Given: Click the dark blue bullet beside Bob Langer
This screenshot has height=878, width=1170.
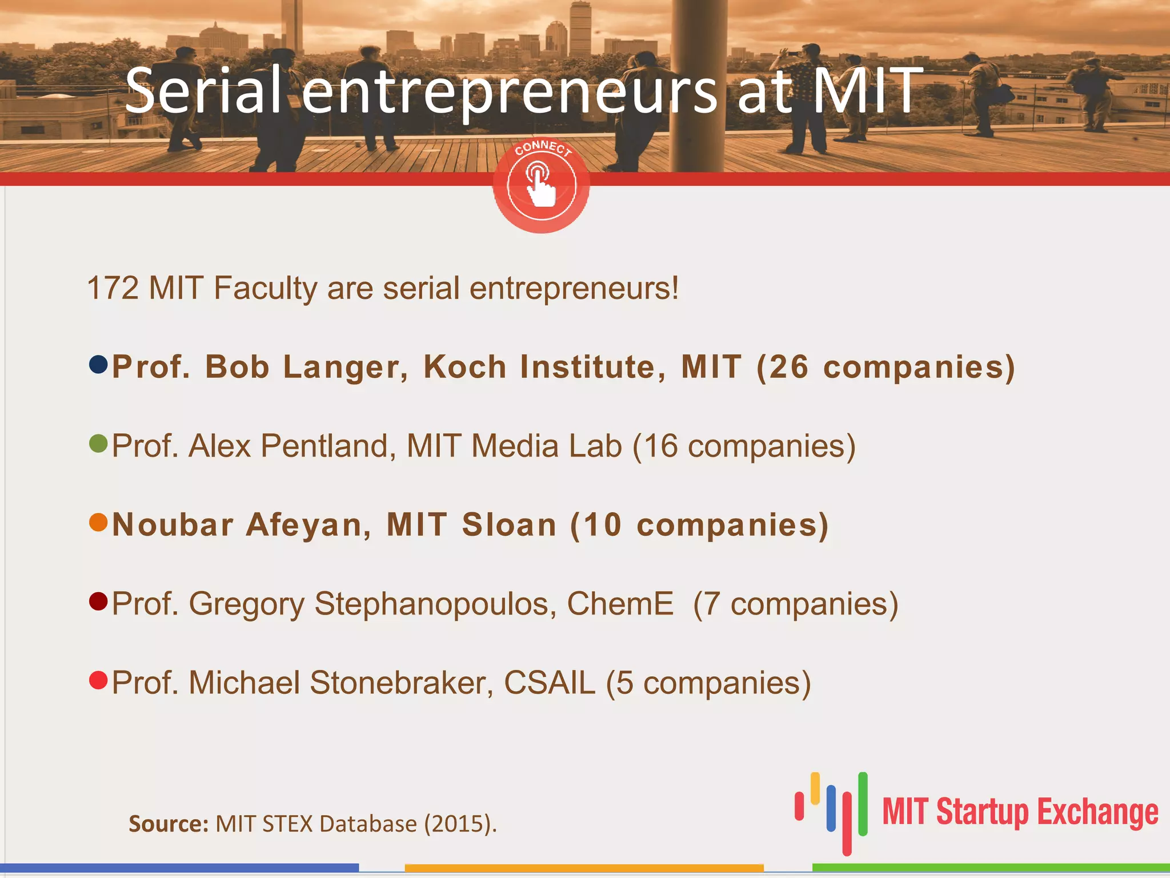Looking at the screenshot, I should tap(98, 364).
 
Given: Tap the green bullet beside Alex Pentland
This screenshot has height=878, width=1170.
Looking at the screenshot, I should tap(98, 443).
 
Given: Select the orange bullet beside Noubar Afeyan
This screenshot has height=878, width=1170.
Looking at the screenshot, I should tap(98, 522).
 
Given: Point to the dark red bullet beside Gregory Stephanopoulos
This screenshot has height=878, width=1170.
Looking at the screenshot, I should tap(98, 601).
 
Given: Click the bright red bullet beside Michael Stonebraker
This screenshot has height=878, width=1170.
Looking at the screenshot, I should tap(98, 680).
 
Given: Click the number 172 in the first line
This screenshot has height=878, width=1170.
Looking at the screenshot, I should tap(113, 288).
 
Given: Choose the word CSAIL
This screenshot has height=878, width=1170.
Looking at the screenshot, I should tap(549, 683).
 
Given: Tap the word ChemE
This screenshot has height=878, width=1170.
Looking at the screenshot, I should tap(620, 604).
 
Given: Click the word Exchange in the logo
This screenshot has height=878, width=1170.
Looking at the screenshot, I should tap(1097, 812).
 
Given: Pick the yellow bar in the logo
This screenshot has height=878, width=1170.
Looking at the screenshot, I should tap(815, 788).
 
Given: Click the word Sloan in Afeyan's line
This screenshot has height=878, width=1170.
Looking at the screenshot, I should tap(509, 525).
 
